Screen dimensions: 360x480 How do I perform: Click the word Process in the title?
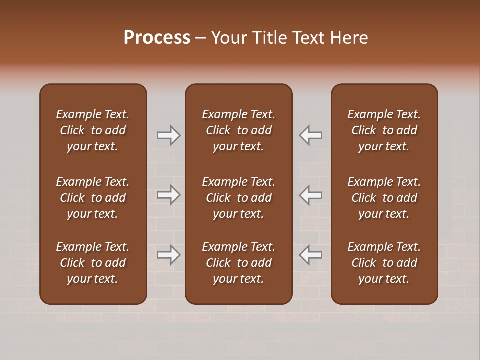157,38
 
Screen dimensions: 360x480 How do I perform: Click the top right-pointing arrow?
168,135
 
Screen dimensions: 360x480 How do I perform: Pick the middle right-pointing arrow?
168,195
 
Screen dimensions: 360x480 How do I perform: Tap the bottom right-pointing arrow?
168,255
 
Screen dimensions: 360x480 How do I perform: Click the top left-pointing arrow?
311,135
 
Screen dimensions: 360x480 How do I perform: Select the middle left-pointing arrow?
311,195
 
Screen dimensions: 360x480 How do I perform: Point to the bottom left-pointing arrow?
311,255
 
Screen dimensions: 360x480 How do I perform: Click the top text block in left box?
93,130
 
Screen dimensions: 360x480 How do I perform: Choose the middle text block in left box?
93,198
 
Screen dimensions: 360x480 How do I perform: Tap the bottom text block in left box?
93,263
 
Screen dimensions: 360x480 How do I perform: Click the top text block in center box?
239,130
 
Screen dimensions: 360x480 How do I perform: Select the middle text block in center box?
239,198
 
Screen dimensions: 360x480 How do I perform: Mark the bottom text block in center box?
239,263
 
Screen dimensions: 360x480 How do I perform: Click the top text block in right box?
384,130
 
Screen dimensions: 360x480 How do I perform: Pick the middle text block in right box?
384,198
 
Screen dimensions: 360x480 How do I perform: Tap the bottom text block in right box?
384,263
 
